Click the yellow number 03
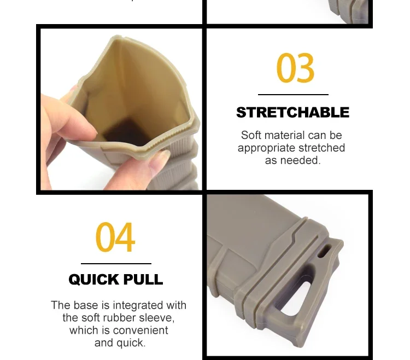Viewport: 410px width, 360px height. pos(295,67)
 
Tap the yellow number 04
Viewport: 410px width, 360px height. pos(115,237)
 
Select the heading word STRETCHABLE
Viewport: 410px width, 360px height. pos(293,113)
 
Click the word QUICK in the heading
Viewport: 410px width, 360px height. pos(93,280)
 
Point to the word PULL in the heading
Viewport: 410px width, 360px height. pos(143,280)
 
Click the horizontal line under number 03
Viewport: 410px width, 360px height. pos(293,95)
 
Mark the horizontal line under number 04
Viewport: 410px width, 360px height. pos(116,264)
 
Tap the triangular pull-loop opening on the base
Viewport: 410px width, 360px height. pos(295,295)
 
